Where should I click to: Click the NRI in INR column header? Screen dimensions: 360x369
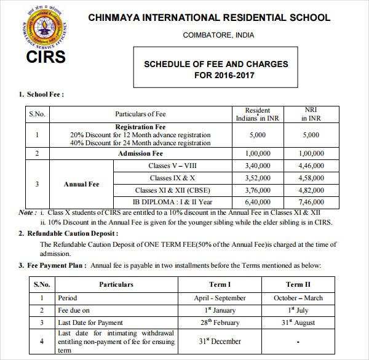click(311, 114)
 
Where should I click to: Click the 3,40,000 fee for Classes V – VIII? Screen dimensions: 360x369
click(258, 166)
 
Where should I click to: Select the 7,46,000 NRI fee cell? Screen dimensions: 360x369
click(311, 201)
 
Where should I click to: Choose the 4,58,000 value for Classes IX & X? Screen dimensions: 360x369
click(311, 178)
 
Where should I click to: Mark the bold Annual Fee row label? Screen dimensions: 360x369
click(81, 184)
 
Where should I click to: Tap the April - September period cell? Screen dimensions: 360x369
click(220, 298)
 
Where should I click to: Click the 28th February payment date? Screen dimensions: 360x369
click(220, 322)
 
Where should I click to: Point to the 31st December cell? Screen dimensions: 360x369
click(220, 341)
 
